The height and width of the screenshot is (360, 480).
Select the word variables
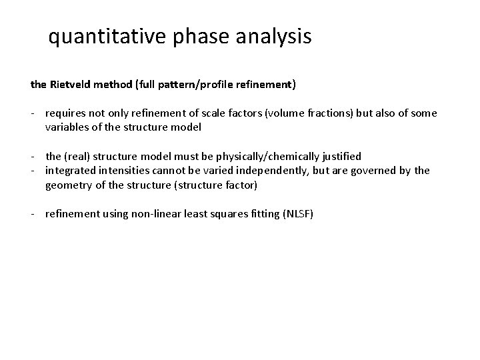(x=68, y=127)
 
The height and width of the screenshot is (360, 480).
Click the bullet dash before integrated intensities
(x=33, y=171)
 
